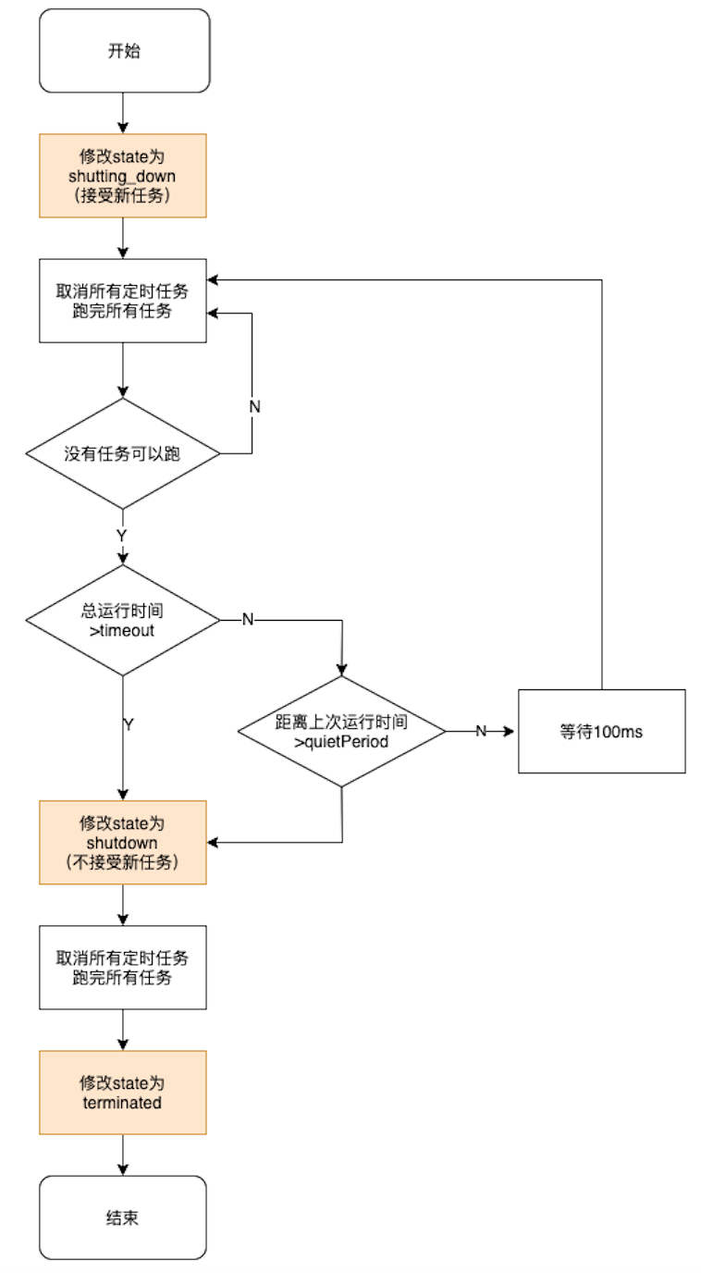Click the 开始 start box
(125, 51)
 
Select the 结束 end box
(123, 1217)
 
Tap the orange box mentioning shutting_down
(123, 176)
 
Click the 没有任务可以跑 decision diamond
(123, 453)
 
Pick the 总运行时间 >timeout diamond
(123, 620)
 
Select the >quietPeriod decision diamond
(341, 732)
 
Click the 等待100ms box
(602, 732)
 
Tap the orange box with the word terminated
(123, 1093)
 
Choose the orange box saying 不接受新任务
(123, 842)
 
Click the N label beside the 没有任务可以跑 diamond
(254, 407)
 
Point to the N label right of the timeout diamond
(248, 620)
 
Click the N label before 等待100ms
(481, 731)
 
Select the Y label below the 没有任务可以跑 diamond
(121, 536)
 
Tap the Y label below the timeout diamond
(129, 724)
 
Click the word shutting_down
(122, 177)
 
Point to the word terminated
(122, 1103)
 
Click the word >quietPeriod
(341, 742)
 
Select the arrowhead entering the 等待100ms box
(509, 732)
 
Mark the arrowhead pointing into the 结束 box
(123, 1169)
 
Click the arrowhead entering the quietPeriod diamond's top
(341, 670)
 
